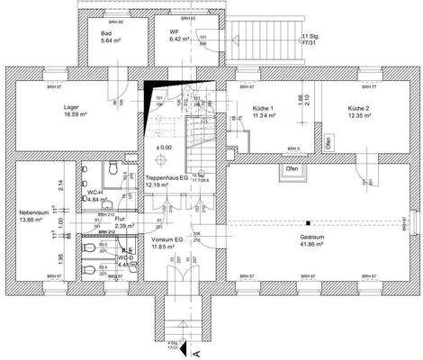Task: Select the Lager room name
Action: click(x=71, y=107)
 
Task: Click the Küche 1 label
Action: click(x=254, y=107)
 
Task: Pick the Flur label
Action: click(x=121, y=219)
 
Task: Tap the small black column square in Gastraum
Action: click(x=307, y=221)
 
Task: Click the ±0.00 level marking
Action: click(x=164, y=148)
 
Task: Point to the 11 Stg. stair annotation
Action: click(x=309, y=37)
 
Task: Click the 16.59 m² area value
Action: click(x=72, y=115)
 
